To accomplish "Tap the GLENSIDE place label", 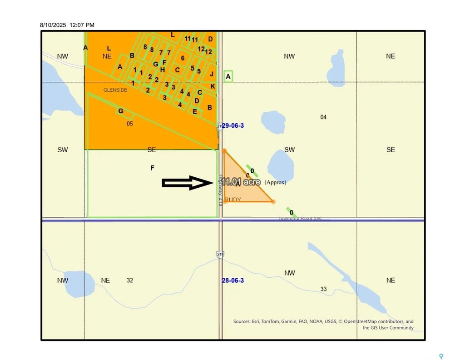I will coord(115,90).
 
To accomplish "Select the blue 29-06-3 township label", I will coord(233,125).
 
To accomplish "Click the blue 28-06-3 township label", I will coord(233,280).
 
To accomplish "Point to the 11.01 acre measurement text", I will coord(241,182).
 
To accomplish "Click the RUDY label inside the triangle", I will coord(233,200).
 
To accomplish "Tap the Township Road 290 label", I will coord(300,219).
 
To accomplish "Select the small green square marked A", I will coord(228,77).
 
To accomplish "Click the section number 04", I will coord(323,117).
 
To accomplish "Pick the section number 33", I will coord(323,289).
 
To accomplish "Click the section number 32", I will coord(130,280).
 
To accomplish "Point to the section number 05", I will coord(130,123).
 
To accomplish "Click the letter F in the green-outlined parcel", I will coord(153,168).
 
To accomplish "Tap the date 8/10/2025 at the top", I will coord(53,25).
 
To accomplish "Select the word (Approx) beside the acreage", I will coord(275,182).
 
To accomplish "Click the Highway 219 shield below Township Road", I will coord(220,255).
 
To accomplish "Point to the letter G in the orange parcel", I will coord(121,111).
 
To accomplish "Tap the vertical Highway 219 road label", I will coord(220,191).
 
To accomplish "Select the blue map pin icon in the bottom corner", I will coord(440,356).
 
